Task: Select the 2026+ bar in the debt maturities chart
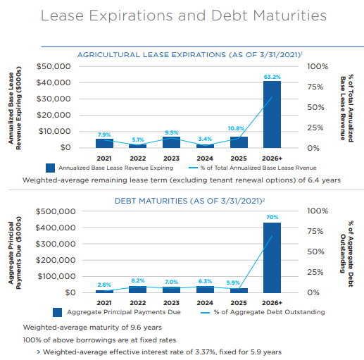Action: pos(272,257)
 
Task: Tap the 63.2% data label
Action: pos(272,76)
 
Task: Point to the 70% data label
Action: pos(272,218)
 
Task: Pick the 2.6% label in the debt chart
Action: pos(103,283)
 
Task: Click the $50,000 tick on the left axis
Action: pos(54,66)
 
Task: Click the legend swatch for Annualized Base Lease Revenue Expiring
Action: pos(50,168)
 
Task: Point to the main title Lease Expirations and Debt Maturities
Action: pos(183,15)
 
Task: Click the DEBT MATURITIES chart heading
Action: pos(183,200)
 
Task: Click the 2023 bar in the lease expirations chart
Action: pos(171,142)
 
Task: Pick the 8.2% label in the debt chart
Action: pos(137,280)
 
